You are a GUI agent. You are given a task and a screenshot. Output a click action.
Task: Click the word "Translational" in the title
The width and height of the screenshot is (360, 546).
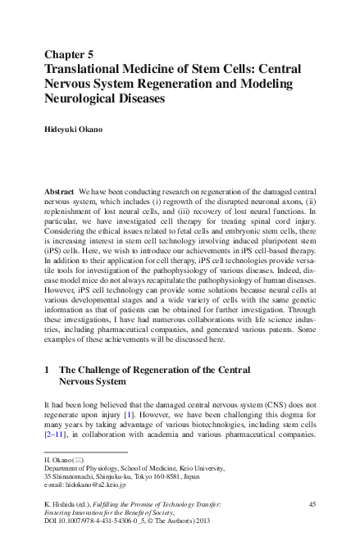pos(85,69)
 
